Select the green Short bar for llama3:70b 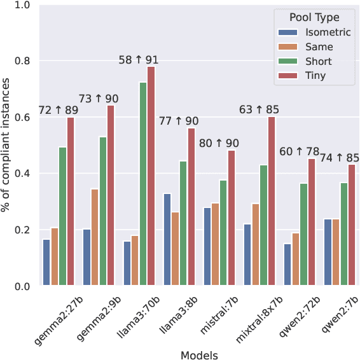click(x=142, y=184)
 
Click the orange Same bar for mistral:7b click(x=216, y=244)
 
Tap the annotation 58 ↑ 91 click(x=139, y=60)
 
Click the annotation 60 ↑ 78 click(x=300, y=151)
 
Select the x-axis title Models click(x=199, y=354)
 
